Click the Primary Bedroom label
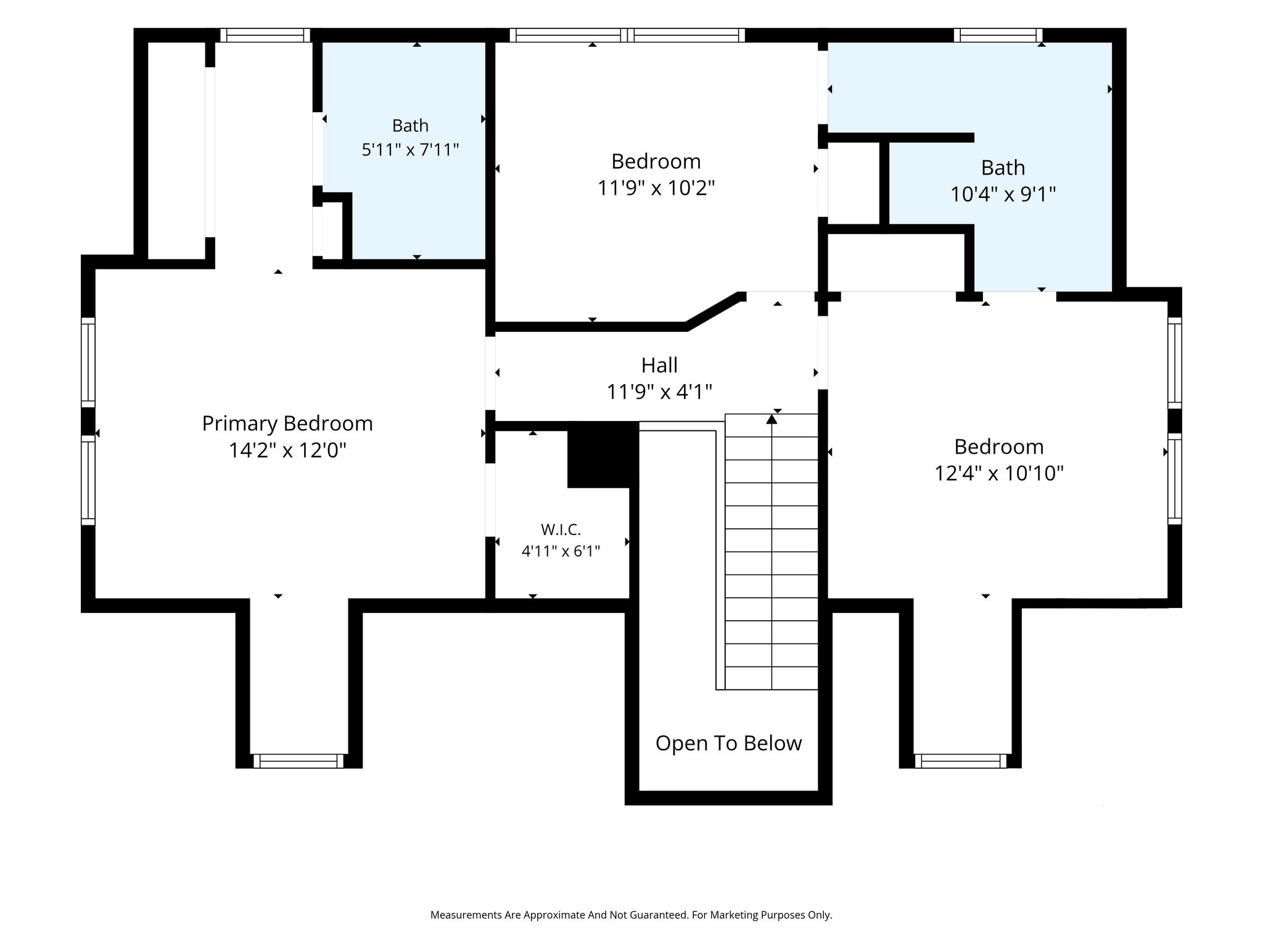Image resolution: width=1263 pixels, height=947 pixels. pyautogui.click(x=287, y=424)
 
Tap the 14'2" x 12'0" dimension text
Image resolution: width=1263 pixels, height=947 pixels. pyautogui.click(x=287, y=451)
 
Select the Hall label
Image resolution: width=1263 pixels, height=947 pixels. pyautogui.click(x=659, y=365)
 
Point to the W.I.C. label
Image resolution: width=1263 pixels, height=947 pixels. pyautogui.click(x=561, y=529)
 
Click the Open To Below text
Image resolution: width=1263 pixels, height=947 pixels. pyautogui.click(x=728, y=743)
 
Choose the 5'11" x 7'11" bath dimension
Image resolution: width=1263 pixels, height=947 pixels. pyautogui.click(x=410, y=150)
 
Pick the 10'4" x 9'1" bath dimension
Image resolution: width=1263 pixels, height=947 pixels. pyautogui.click(x=1003, y=194)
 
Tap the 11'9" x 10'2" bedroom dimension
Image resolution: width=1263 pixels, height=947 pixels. pyautogui.click(x=656, y=187)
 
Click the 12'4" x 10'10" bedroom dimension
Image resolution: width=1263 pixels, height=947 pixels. pyautogui.click(x=999, y=473)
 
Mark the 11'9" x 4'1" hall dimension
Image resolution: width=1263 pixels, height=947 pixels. pyautogui.click(x=659, y=392)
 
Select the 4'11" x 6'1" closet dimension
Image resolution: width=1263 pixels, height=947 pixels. pyautogui.click(x=561, y=551)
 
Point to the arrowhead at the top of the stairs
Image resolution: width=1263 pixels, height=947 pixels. pyautogui.click(x=771, y=419)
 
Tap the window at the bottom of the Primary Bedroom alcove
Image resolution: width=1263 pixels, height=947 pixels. pyautogui.click(x=298, y=761)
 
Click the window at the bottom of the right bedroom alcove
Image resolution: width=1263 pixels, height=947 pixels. pyautogui.click(x=961, y=761)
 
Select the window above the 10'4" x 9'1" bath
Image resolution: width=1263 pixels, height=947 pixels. pyautogui.click(x=998, y=35)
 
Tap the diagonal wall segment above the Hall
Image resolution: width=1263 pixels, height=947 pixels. pyautogui.click(x=713, y=310)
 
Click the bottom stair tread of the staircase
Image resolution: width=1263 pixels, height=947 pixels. pyautogui.click(x=771, y=678)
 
